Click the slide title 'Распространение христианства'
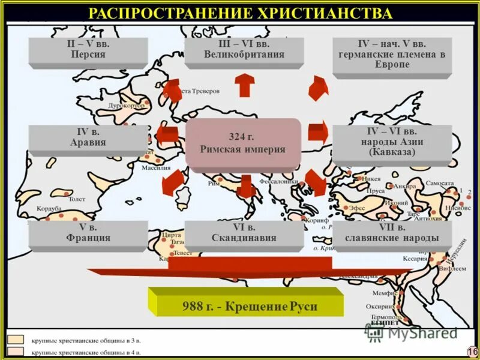click(x=240, y=13)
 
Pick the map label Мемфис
click(x=382, y=293)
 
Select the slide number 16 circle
click(x=471, y=350)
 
